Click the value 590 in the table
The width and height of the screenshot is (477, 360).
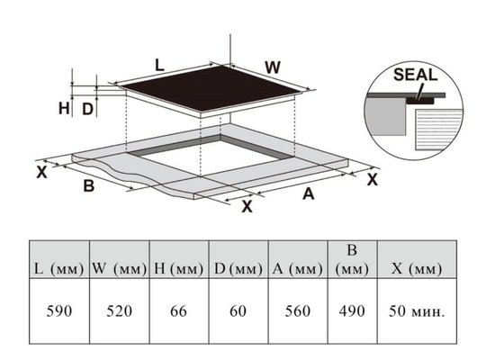[59, 311]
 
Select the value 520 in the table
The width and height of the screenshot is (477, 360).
[119, 311]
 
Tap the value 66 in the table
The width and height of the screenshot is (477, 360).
[178, 311]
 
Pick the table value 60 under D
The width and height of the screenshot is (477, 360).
[238, 311]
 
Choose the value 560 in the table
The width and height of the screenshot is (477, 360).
[298, 311]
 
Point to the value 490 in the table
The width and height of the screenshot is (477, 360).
[352, 311]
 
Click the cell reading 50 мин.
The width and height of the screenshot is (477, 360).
[417, 311]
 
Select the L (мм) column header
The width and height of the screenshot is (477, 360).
[59, 269]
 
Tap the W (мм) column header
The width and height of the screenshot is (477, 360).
[120, 269]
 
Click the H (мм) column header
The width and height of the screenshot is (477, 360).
[178, 269]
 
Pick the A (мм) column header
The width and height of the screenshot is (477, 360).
[298, 269]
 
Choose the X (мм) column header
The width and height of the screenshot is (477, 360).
[417, 269]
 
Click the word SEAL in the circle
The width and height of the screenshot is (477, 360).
[416, 75]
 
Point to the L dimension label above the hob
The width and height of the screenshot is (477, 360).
[159, 65]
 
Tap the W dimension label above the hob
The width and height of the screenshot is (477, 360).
[273, 67]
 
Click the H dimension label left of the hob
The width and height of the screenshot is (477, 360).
[64, 108]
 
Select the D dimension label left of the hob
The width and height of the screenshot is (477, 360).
[87, 109]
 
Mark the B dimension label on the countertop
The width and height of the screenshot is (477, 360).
[89, 185]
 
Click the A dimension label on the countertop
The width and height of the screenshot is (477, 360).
[308, 193]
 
